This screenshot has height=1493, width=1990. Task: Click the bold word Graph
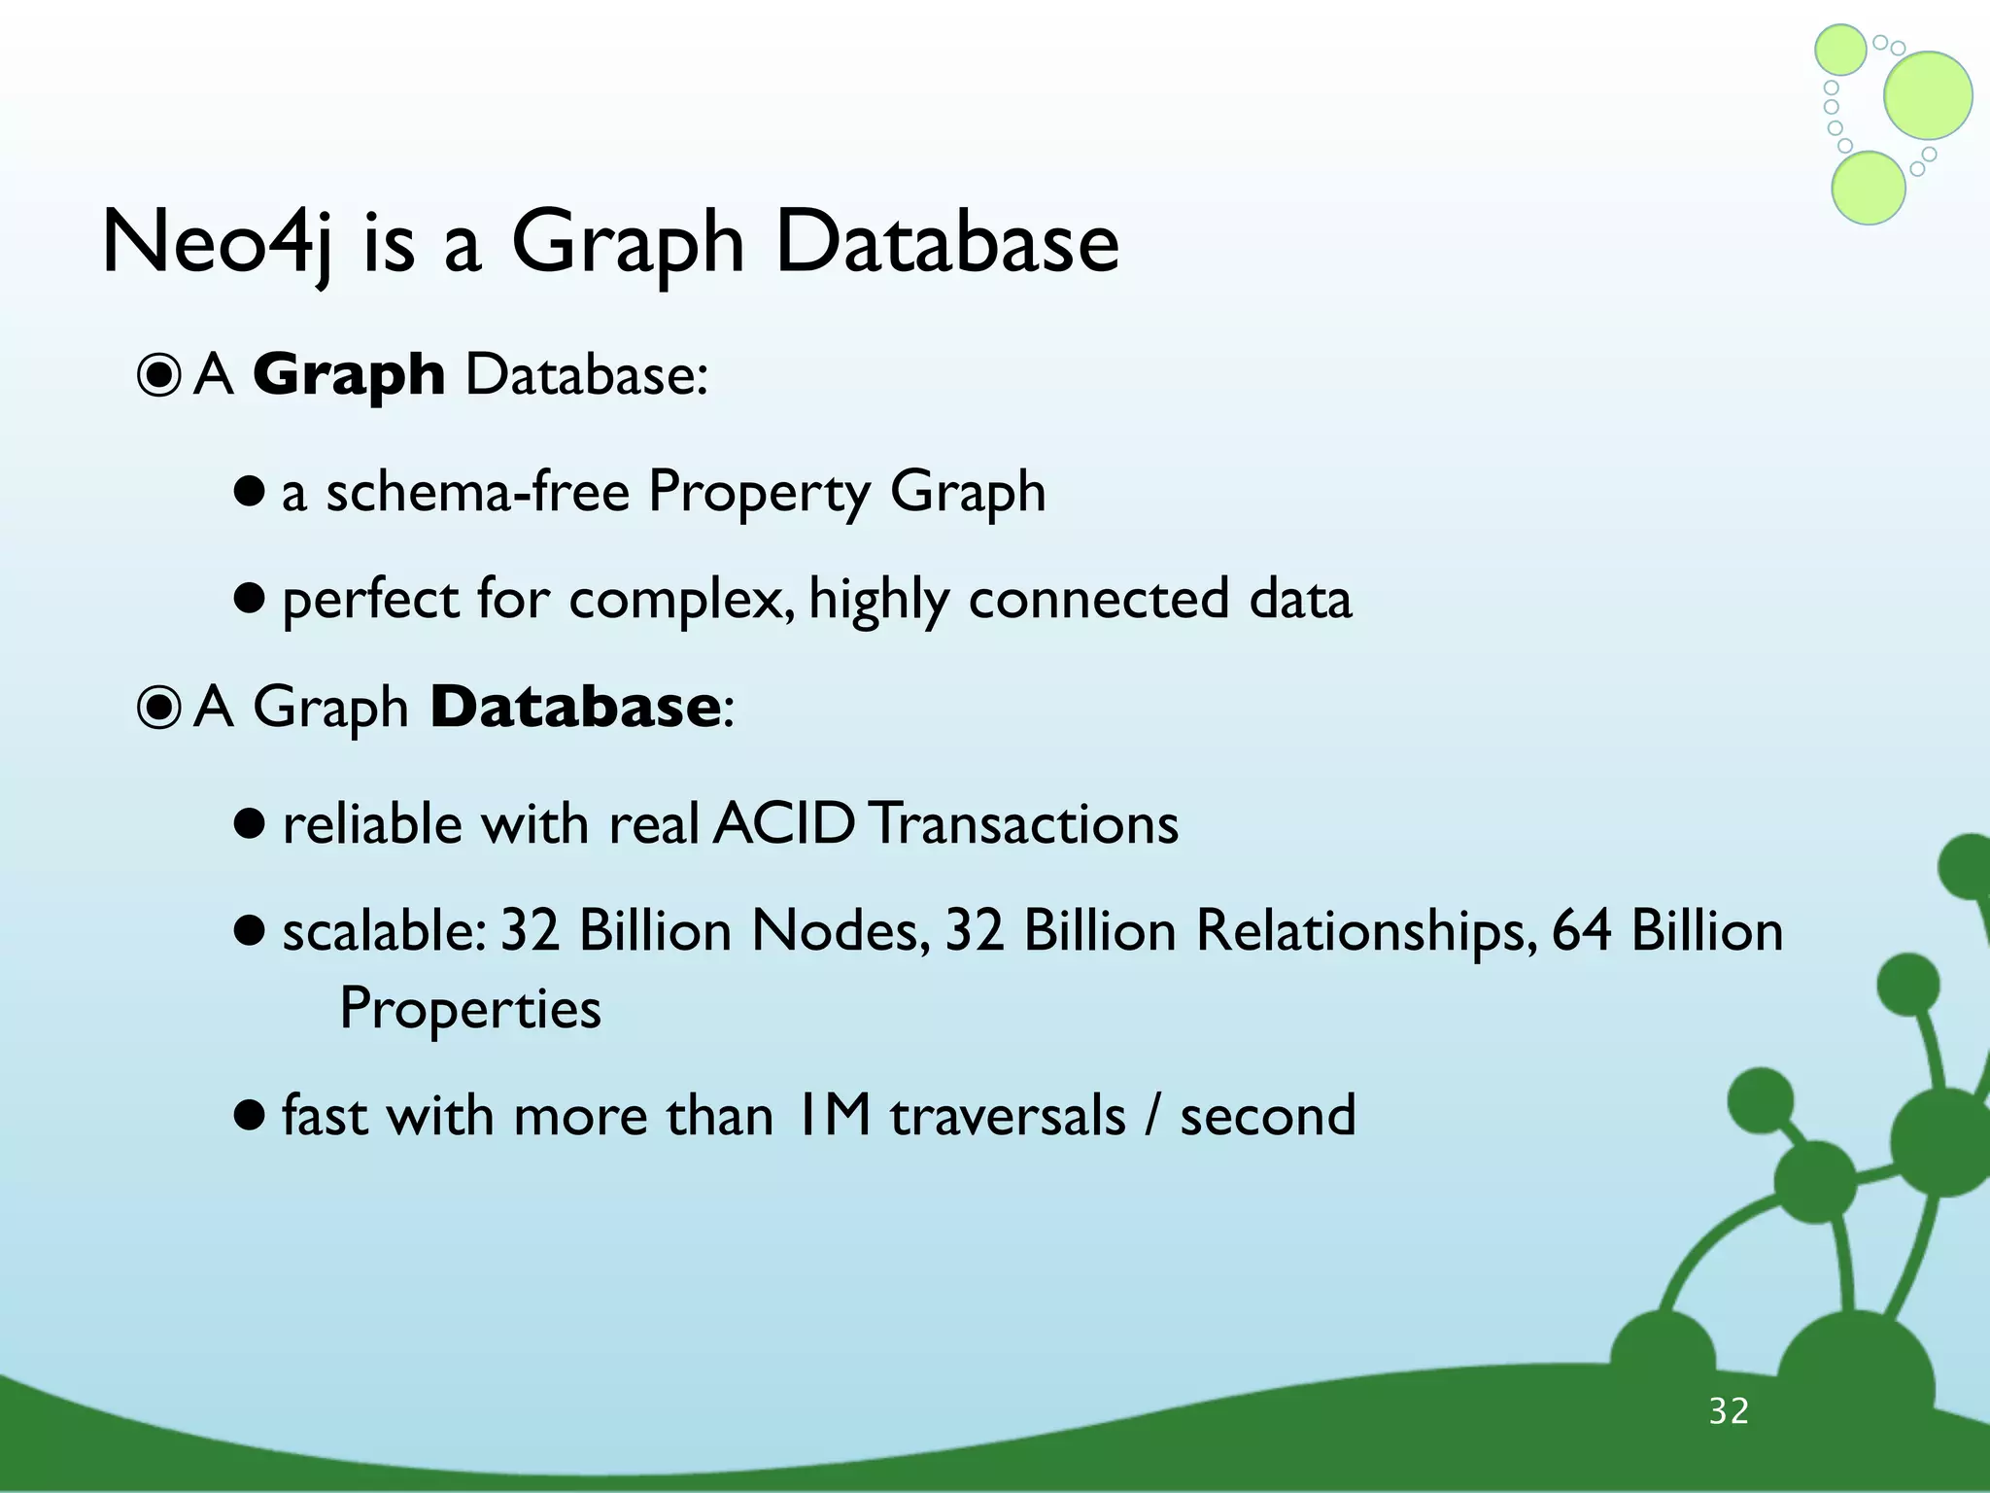click(x=349, y=375)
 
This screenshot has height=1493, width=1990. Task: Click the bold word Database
click(x=574, y=707)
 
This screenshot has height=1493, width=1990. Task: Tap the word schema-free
click(x=477, y=492)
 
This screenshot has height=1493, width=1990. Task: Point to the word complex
click(x=684, y=600)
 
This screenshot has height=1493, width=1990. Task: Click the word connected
click(x=1099, y=599)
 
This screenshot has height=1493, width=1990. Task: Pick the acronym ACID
click(x=783, y=824)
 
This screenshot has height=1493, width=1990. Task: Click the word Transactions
click(x=1023, y=824)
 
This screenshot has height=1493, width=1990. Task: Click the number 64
click(x=1582, y=930)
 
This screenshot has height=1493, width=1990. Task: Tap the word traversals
click(x=1008, y=1115)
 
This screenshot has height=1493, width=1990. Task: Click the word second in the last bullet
click(x=1268, y=1115)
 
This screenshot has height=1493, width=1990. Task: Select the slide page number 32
click(x=1729, y=1411)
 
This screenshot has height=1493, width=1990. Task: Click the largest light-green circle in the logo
click(x=1928, y=95)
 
